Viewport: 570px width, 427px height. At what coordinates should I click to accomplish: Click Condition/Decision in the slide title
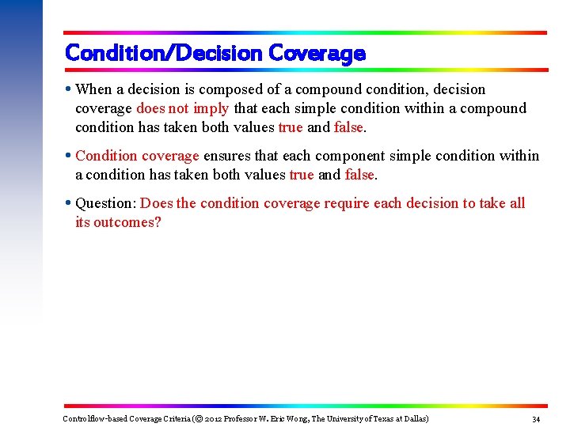pos(164,54)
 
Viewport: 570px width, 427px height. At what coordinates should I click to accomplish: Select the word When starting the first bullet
pos(94,89)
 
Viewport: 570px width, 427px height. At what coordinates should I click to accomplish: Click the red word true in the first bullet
pos(291,127)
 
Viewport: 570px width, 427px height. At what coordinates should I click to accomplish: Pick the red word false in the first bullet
pos(349,127)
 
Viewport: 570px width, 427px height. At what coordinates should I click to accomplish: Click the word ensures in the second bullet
pos(226,156)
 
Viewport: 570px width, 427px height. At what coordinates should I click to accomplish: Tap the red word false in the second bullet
pos(360,175)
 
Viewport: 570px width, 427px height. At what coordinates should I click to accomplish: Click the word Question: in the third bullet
pos(105,203)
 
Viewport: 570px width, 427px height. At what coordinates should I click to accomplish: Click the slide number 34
pos(536,419)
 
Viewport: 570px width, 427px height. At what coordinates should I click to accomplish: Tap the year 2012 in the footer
pos(215,418)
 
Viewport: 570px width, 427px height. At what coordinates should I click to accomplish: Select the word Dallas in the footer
pos(413,418)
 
